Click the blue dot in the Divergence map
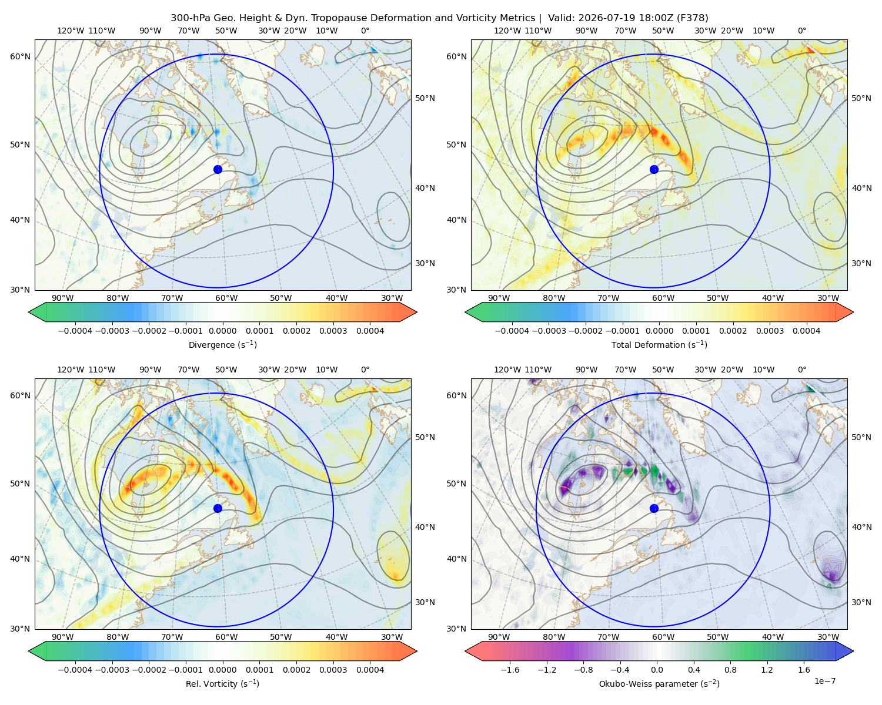pos(218,169)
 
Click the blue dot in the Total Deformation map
pos(654,169)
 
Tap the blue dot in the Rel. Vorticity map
pos(218,508)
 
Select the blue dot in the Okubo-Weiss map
pos(654,508)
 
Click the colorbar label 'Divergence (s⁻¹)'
pos(222,344)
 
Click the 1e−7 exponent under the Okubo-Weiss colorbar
pos(824,681)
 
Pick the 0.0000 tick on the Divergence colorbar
pos(222,331)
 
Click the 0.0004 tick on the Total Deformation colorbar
pos(806,331)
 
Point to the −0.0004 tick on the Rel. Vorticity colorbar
pos(75,670)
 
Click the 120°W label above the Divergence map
pos(71,31)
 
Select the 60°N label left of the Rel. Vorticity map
pos(20,395)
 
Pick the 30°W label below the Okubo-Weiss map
pos(828,637)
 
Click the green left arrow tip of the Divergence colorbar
pos(29,312)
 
